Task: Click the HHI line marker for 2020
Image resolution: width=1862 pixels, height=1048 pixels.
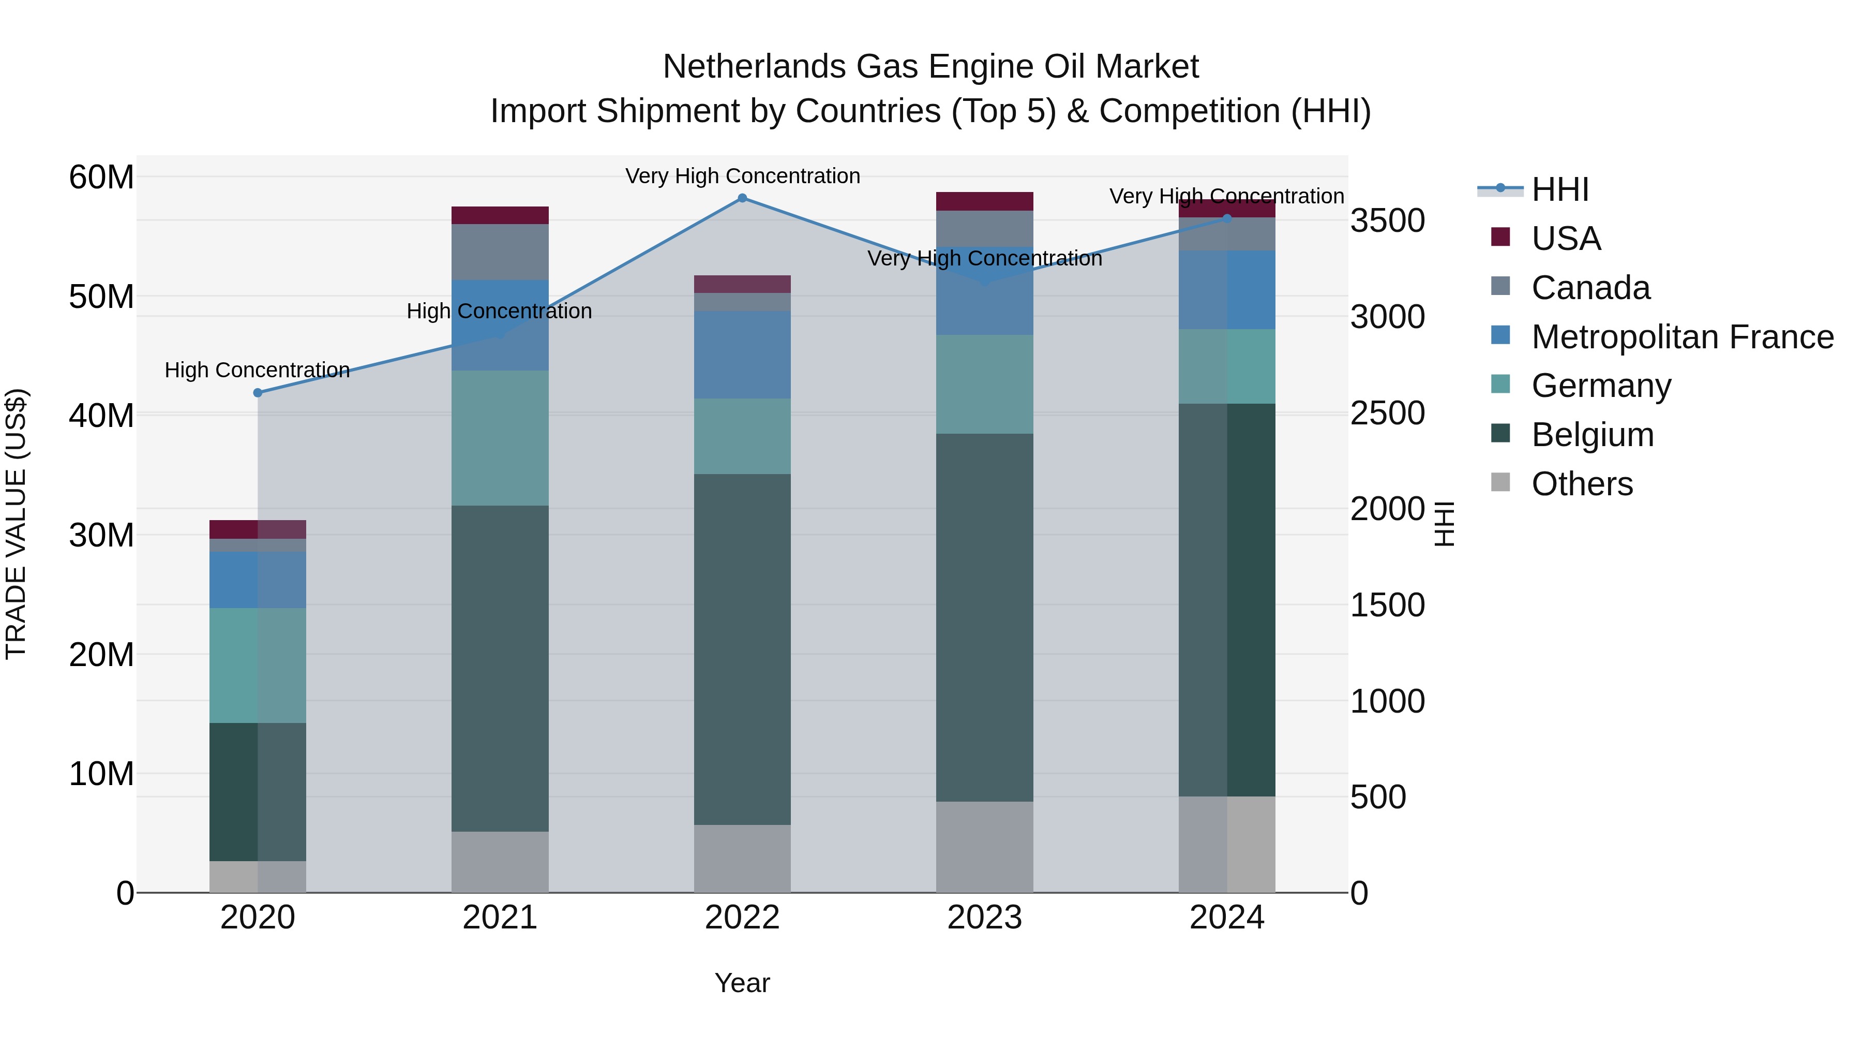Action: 258,393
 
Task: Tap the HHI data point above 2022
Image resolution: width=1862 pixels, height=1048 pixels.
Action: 742,198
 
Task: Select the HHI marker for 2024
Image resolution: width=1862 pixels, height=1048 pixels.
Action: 1227,218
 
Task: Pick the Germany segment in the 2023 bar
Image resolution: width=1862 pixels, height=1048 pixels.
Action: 984,384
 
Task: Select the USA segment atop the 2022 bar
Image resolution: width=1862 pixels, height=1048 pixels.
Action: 742,284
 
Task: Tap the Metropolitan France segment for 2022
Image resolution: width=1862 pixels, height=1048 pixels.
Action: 742,355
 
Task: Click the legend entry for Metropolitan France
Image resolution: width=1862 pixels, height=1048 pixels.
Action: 1682,337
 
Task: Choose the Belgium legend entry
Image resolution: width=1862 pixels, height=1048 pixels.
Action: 1593,435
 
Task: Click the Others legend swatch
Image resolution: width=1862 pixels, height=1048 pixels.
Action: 1500,482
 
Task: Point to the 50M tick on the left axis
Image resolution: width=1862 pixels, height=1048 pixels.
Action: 101,297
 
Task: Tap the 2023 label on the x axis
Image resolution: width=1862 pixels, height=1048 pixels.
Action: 984,918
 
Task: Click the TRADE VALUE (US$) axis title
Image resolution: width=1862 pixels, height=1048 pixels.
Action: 16,524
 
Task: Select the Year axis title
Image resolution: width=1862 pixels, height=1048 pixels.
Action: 742,983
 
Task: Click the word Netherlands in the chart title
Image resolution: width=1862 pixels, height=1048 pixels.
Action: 754,67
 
